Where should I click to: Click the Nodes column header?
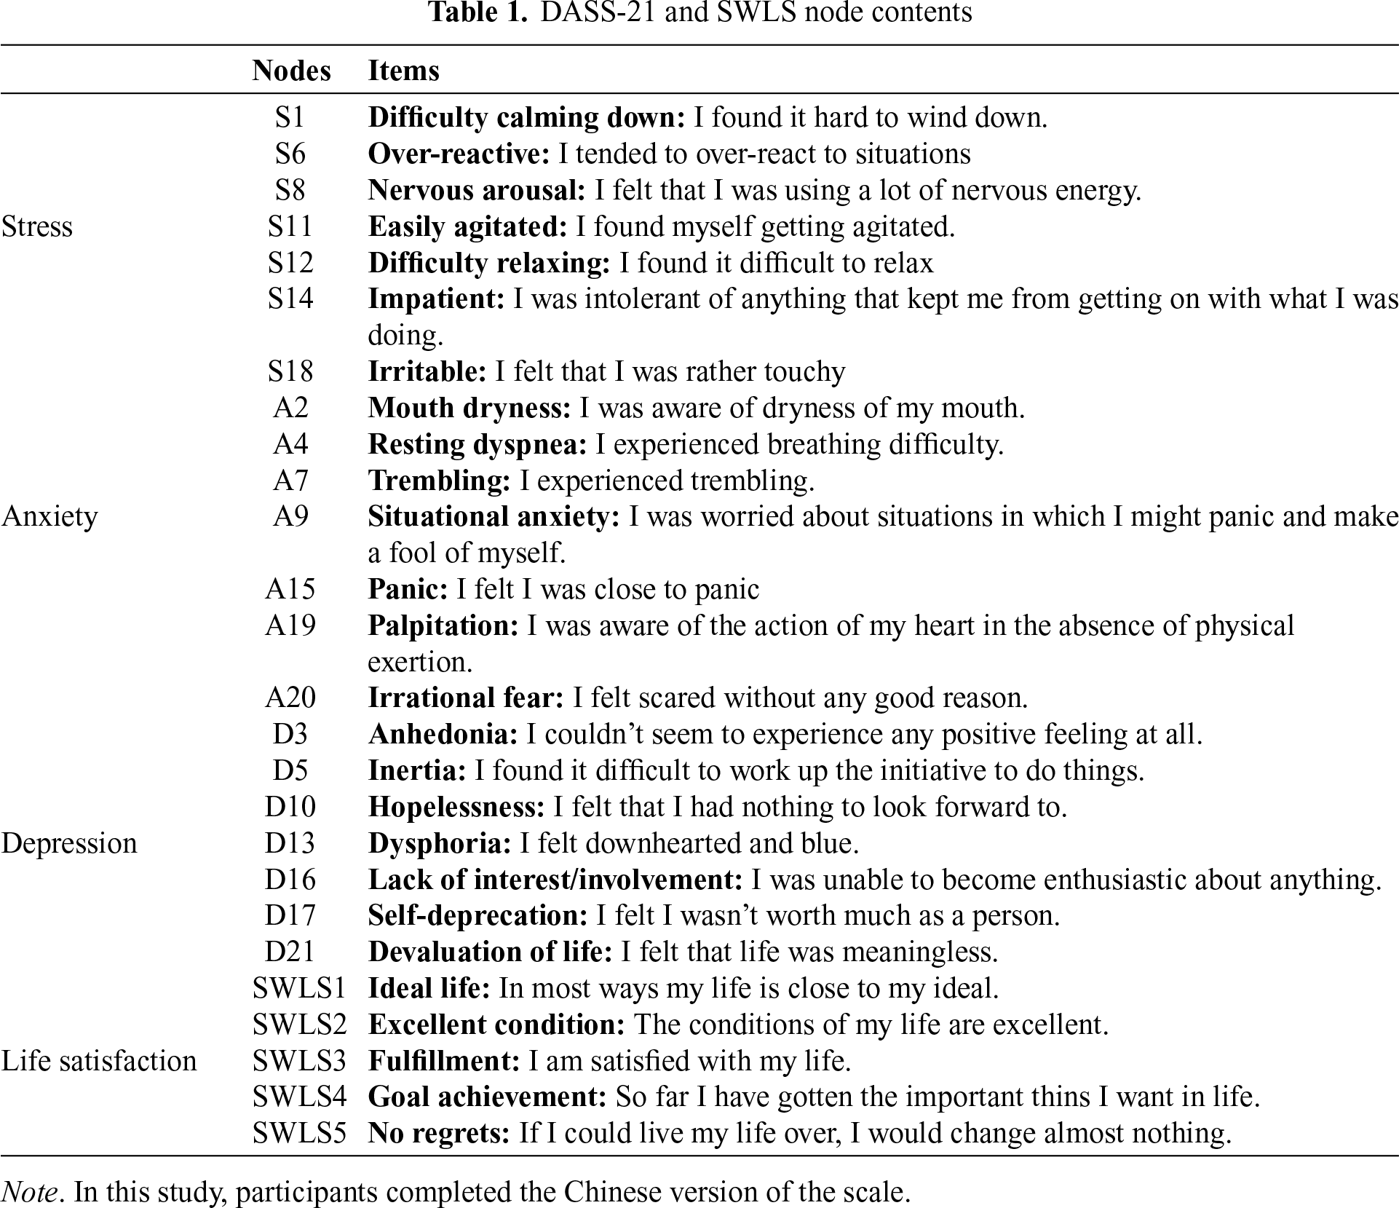(291, 71)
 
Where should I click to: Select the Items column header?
(404, 71)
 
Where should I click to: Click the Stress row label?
(37, 226)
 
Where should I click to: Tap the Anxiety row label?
(49, 516)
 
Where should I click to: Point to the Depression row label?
(69, 843)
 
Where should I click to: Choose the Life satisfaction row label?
(99, 1061)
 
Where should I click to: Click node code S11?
(290, 226)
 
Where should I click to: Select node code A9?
(290, 516)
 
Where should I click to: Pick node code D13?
(290, 843)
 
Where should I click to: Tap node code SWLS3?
(299, 1061)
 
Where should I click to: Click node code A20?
(290, 698)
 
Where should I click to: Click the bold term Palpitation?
(443, 625)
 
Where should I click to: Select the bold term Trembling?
(439, 481)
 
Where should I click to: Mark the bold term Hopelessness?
(456, 807)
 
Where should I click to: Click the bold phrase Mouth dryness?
(469, 408)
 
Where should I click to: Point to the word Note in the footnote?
(30, 1192)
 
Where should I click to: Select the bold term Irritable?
(427, 371)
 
